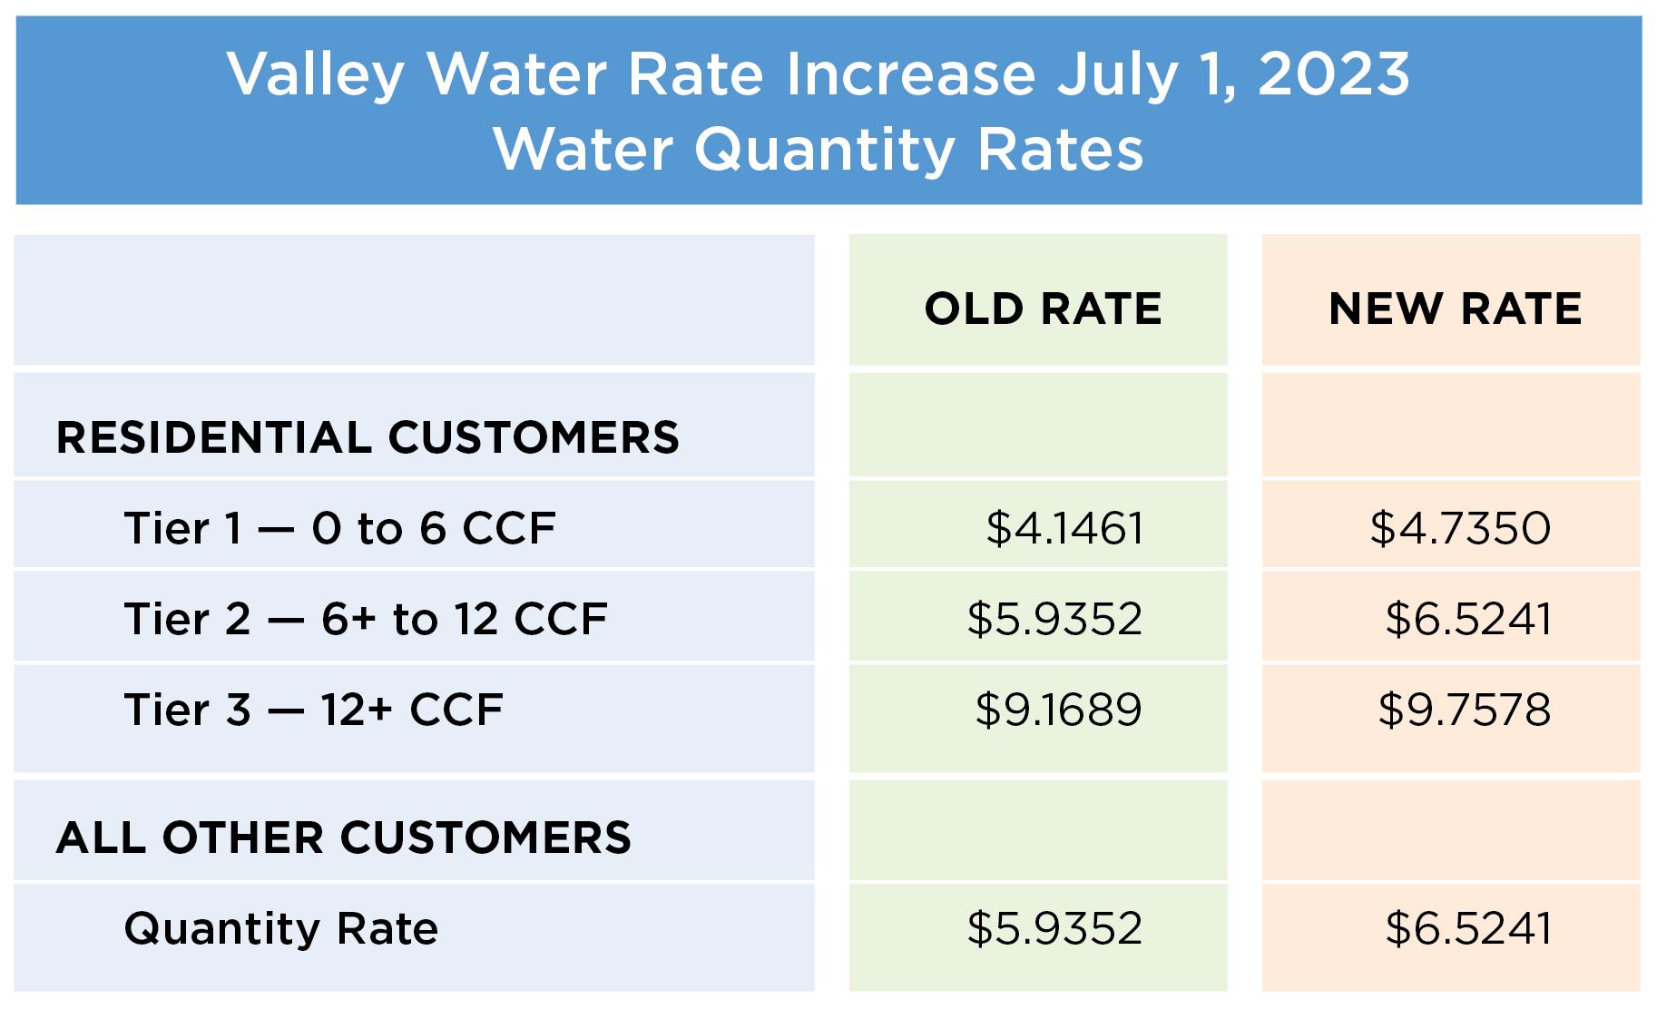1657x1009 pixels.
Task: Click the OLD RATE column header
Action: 1043,309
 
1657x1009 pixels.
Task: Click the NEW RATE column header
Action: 1455,309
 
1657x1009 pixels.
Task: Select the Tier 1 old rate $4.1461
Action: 1064,528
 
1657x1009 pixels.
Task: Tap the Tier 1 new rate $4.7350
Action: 1460,528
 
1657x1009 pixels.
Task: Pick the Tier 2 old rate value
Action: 1054,619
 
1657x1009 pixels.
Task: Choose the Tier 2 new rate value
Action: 1468,619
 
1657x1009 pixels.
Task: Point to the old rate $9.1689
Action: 1058,710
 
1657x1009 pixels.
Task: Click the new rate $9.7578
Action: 1464,710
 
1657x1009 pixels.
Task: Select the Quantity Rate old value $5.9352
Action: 1054,928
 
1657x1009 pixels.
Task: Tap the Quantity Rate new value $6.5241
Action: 1468,928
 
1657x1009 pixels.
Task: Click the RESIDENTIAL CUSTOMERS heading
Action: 368,437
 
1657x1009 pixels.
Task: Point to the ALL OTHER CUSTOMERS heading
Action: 343,838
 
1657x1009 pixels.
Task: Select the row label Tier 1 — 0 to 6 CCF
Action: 339,528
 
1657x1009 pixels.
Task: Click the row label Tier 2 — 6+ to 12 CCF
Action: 365,619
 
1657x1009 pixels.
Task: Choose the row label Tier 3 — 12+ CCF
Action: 313,710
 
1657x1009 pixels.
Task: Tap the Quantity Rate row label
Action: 280,928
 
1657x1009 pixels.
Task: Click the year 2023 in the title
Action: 1333,74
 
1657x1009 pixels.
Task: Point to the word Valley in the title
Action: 315,74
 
